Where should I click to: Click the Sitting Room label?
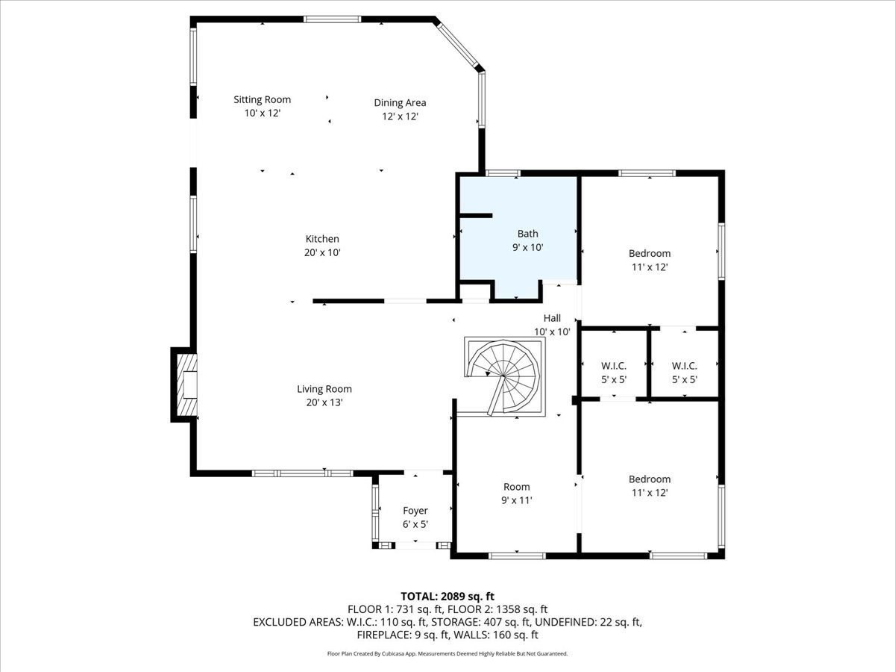pos(262,100)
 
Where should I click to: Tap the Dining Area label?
pos(400,103)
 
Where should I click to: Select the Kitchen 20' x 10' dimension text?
pos(322,253)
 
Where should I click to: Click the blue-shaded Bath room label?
pos(527,234)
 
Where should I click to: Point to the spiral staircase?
pos(504,375)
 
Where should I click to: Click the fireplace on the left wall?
pos(186,385)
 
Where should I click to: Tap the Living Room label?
pos(324,389)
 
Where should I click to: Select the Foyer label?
pos(415,511)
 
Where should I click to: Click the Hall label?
pos(552,318)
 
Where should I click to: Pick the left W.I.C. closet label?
pos(613,366)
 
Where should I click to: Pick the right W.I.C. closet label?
pos(684,366)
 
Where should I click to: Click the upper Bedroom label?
pos(649,254)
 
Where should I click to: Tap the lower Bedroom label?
pos(649,479)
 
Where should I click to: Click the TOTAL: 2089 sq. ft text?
pos(447,596)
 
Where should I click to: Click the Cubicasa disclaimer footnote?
pos(447,654)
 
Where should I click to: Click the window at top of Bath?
pos(503,174)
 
